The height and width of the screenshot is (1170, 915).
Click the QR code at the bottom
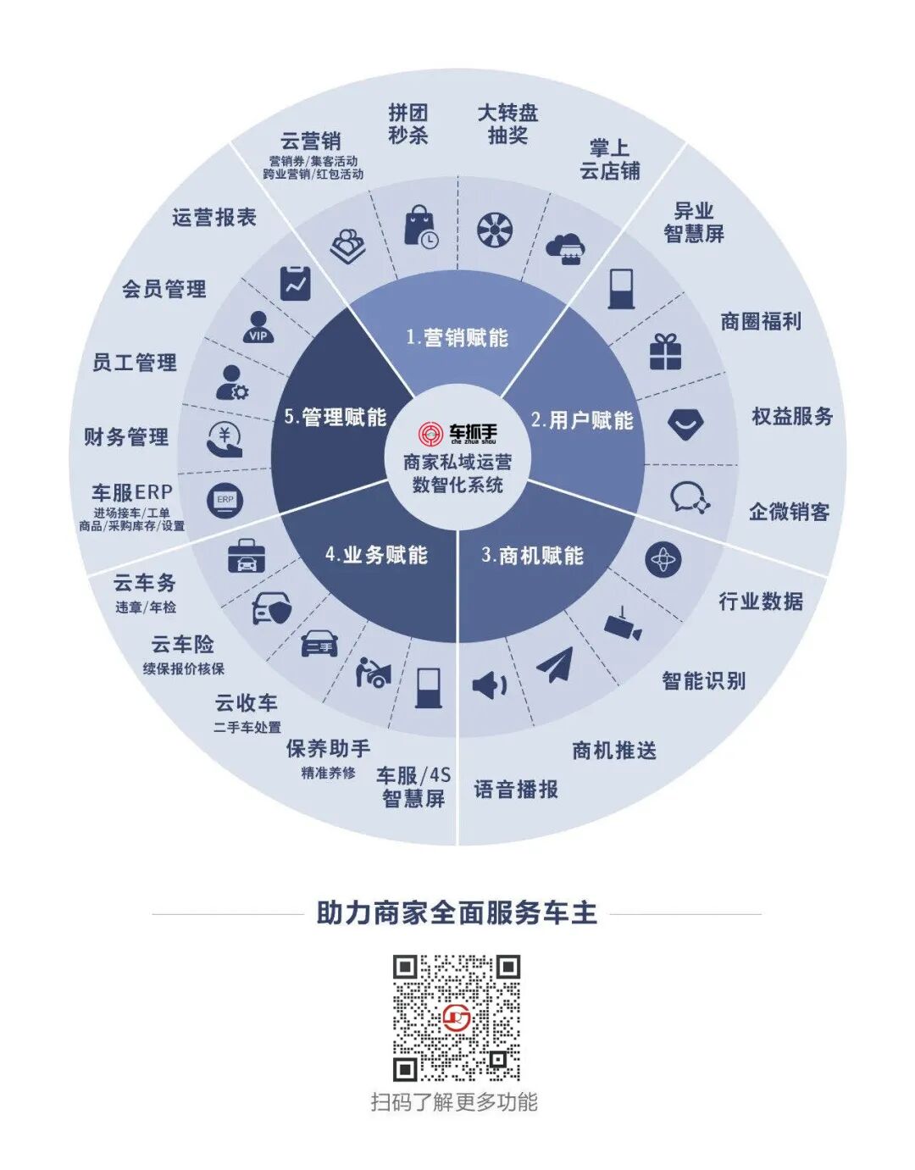[456, 1018]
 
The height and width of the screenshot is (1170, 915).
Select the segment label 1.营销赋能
[457, 338]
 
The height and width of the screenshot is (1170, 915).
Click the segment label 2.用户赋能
[582, 420]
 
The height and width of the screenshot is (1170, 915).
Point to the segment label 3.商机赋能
[532, 556]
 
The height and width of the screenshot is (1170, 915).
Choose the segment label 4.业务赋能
[376, 555]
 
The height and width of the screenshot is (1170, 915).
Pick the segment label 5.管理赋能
[335, 417]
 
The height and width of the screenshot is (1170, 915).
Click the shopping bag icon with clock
[421, 227]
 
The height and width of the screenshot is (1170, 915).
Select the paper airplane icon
[555, 664]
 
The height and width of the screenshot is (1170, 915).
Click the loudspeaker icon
[489, 685]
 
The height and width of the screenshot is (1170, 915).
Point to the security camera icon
[623, 625]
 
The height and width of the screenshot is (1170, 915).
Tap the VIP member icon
[258, 327]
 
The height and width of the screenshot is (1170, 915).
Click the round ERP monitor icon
[225, 500]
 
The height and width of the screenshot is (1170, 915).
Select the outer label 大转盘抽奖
[507, 124]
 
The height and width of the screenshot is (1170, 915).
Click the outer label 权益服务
[792, 416]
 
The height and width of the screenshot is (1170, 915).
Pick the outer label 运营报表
[214, 218]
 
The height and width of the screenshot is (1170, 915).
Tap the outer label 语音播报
[516, 790]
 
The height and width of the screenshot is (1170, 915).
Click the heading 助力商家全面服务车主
[457, 913]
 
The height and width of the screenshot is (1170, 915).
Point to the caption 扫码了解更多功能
[454, 1102]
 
